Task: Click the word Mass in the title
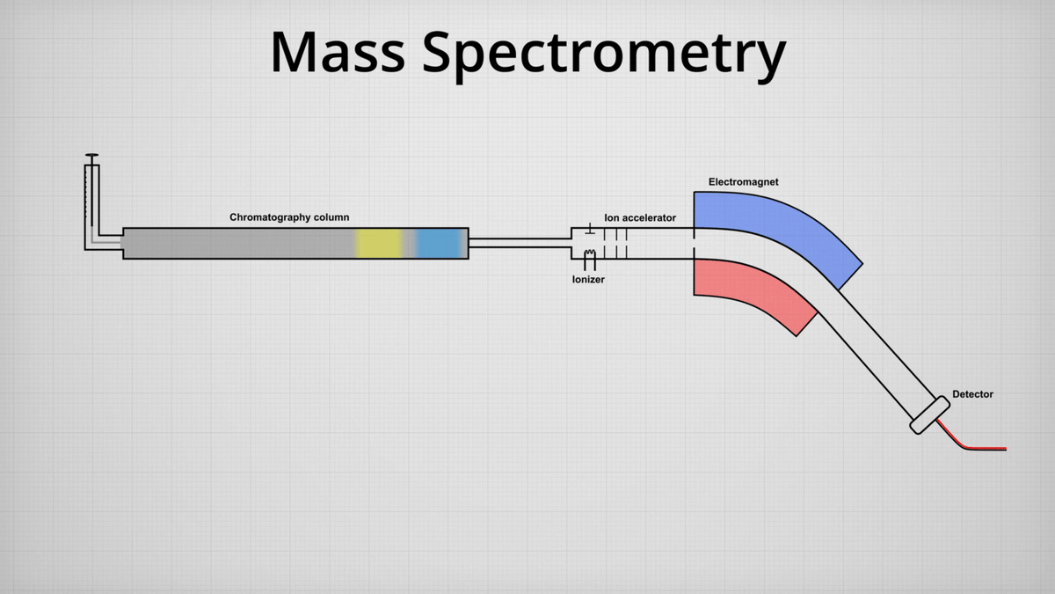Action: click(338, 52)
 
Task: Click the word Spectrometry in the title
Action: click(604, 55)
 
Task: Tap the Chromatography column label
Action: click(289, 217)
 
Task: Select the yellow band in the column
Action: click(379, 243)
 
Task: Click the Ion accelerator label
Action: click(640, 217)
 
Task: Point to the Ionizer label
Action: click(588, 280)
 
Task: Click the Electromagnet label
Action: click(743, 182)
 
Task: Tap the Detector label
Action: click(972, 394)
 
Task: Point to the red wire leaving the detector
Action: click(976, 447)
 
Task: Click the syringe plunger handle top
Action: click(92, 157)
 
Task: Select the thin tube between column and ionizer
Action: click(519, 244)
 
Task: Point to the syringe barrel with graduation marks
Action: click(92, 198)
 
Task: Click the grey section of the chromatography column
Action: click(237, 243)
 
